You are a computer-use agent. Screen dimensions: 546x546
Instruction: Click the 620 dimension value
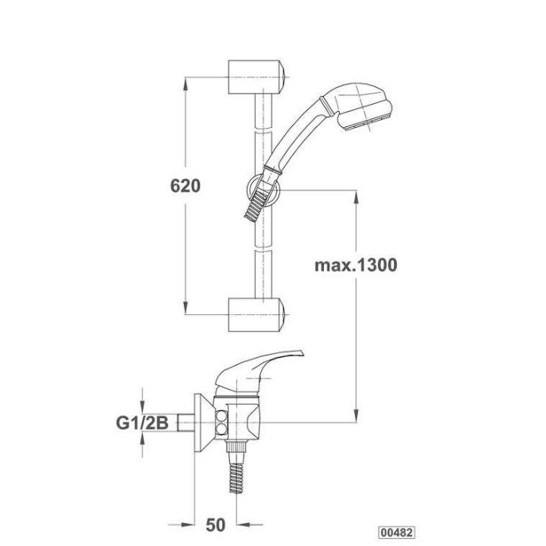(x=186, y=186)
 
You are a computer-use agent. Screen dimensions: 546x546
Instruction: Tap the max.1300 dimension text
(x=355, y=265)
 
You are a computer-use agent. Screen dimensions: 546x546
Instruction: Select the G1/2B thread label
(x=142, y=423)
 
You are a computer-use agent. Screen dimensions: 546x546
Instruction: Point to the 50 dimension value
(x=216, y=525)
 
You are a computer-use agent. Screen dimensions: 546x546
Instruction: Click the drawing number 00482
(x=397, y=533)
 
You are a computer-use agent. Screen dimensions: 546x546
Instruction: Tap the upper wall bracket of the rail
(x=257, y=77)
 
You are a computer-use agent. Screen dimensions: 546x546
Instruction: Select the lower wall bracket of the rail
(x=257, y=315)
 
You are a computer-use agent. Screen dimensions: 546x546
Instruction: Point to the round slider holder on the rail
(x=264, y=190)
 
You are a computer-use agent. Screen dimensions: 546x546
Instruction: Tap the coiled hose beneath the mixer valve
(x=236, y=477)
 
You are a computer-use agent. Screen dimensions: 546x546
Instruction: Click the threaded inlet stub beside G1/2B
(x=186, y=423)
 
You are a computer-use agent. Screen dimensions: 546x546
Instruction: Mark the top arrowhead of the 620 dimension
(x=186, y=84)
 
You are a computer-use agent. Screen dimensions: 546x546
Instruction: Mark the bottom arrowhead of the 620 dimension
(x=186, y=307)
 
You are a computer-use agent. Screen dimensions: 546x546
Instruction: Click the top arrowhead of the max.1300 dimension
(x=356, y=197)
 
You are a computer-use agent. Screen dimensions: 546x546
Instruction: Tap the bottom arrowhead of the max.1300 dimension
(x=356, y=415)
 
